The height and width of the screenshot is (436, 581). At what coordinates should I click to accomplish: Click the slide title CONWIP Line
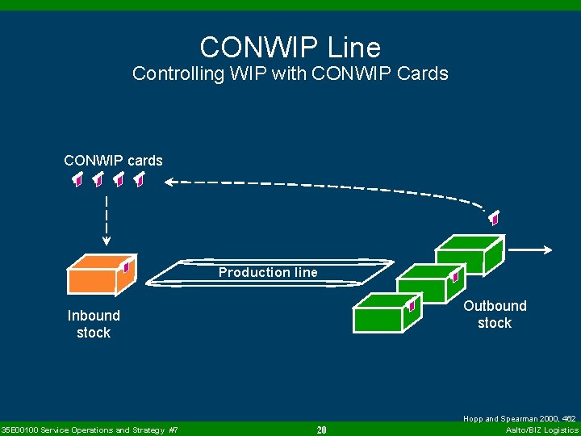click(290, 47)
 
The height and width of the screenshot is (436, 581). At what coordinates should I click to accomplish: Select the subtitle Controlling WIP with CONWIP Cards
click(290, 73)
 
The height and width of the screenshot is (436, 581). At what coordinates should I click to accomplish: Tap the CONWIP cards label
click(113, 161)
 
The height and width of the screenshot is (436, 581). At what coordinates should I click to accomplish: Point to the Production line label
click(268, 273)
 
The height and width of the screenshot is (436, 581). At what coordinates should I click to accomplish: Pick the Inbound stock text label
click(94, 324)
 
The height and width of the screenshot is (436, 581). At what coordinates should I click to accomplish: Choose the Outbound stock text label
click(494, 314)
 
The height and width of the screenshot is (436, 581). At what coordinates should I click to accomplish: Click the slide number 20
click(321, 430)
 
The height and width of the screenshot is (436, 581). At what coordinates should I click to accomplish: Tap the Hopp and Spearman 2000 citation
click(519, 419)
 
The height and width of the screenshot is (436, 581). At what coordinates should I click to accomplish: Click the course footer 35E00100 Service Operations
click(90, 430)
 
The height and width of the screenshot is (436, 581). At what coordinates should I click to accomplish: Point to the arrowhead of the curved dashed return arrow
click(169, 182)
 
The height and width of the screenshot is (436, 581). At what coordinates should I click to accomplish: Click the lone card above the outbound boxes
click(494, 217)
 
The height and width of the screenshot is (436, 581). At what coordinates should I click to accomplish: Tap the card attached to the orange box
click(127, 264)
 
